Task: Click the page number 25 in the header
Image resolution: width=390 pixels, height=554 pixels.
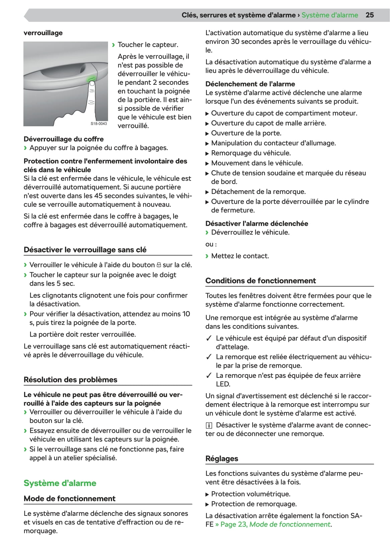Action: click(370, 15)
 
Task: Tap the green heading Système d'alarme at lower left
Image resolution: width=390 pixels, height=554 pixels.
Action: click(60, 483)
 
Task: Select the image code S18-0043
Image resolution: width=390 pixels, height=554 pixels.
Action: click(99, 124)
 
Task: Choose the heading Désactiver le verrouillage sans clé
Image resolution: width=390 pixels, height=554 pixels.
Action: click(85, 250)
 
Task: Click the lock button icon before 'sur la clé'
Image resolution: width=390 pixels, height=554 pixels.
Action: click(159, 265)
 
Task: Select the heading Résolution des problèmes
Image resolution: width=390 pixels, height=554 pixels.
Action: click(70, 379)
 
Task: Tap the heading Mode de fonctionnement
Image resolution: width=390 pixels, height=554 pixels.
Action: click(69, 498)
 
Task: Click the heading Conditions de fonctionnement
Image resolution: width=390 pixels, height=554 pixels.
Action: click(260, 281)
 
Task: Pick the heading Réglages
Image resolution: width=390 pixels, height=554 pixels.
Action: click(222, 459)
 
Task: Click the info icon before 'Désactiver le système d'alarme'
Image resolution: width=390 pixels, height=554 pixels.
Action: click(209, 425)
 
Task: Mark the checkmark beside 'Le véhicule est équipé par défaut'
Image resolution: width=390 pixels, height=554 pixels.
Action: click(209, 338)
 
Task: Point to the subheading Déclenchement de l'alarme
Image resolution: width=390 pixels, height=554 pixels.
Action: click(250, 84)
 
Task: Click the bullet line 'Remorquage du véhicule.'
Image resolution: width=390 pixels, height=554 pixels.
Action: click(251, 153)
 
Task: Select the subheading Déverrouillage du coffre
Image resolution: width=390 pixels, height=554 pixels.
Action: click(64, 139)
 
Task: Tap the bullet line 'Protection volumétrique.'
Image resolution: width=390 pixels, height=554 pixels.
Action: click(251, 494)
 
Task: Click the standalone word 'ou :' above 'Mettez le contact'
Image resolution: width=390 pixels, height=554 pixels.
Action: click(211, 244)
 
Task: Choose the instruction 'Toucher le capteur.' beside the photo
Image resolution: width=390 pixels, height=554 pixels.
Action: click(148, 45)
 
